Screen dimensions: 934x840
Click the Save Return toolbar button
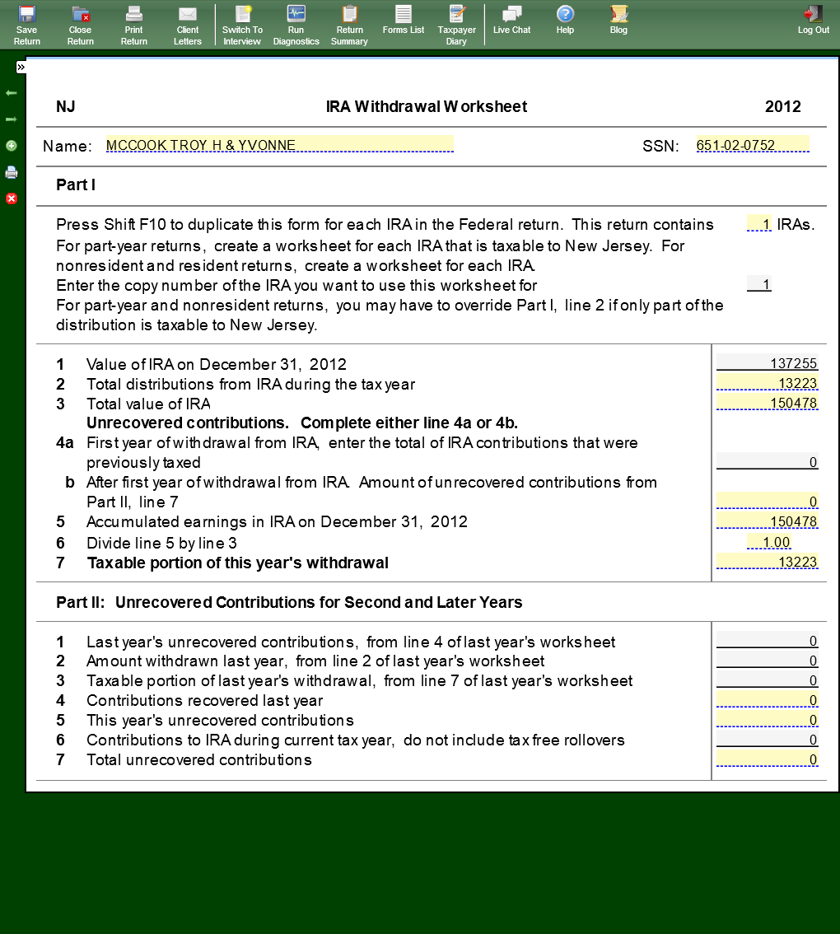(x=27, y=25)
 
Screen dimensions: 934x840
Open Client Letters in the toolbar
(x=188, y=25)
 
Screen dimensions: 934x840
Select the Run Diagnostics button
(x=296, y=25)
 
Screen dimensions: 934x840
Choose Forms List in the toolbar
(x=404, y=21)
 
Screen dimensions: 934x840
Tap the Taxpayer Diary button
(x=456, y=25)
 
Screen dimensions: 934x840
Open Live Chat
(x=511, y=21)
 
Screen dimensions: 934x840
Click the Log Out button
(x=814, y=21)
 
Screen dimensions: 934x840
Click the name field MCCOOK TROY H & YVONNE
(x=279, y=145)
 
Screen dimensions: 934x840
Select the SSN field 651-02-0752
(x=752, y=145)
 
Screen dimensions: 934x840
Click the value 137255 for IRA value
(x=768, y=363)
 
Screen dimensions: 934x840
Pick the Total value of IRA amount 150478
(x=768, y=403)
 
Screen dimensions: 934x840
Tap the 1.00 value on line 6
(x=769, y=542)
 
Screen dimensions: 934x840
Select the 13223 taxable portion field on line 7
(x=768, y=562)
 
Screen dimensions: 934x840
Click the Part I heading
(x=76, y=185)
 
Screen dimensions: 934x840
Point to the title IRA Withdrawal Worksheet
(x=427, y=106)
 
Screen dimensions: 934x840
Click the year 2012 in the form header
(x=782, y=106)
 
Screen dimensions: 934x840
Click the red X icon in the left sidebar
(x=12, y=198)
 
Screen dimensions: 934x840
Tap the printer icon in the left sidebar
(x=12, y=172)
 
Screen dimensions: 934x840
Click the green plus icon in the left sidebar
(x=12, y=146)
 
